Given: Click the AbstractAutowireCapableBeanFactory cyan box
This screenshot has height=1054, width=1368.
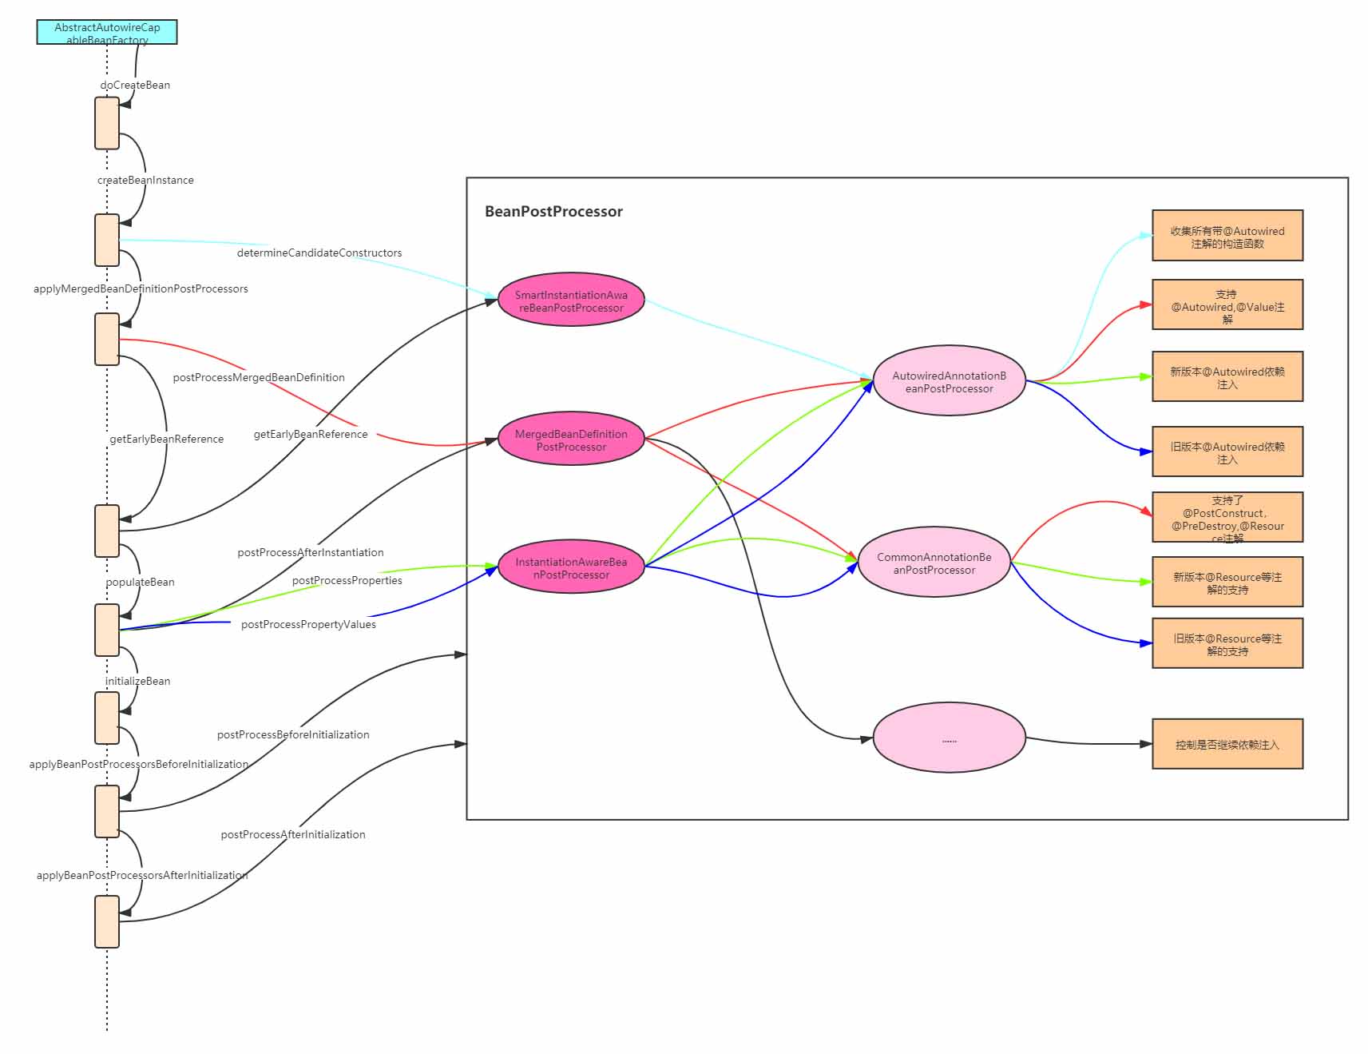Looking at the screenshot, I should point(107,32).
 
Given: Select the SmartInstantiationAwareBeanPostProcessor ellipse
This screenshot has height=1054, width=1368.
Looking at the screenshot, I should point(571,300).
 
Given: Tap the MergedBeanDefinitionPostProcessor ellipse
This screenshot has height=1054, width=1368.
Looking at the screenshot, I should point(571,439).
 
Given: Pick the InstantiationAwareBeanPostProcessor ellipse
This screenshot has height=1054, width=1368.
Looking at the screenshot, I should point(571,567).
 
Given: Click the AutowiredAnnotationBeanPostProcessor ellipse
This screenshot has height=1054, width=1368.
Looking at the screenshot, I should point(949,381).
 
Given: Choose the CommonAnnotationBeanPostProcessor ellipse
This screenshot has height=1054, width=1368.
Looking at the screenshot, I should point(934,563).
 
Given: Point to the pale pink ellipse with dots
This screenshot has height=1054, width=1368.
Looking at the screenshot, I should point(949,738).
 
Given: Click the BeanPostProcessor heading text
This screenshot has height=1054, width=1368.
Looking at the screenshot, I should point(553,212).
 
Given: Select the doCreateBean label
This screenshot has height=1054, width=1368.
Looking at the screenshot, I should point(135,86).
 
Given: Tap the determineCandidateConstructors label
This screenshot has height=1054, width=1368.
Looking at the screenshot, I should point(319,253).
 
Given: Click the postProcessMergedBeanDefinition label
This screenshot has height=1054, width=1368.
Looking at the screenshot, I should point(259,378).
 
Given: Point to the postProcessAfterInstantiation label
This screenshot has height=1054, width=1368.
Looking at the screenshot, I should point(311,553).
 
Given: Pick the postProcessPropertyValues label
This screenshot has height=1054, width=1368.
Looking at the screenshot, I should point(308,625).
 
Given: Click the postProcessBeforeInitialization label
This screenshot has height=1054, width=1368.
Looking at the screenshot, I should point(293,735).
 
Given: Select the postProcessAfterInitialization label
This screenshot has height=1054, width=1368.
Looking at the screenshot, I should point(293,835).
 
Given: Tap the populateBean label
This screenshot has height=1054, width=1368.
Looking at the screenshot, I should point(141,583).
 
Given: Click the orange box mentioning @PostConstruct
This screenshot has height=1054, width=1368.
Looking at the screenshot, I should point(1227,518).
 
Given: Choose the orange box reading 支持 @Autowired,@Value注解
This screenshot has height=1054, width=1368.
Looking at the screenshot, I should point(1227,305).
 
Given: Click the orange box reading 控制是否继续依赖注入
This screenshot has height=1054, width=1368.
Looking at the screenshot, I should point(1227,745).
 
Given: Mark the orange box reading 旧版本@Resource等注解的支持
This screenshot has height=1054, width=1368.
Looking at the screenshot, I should point(1227,644).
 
